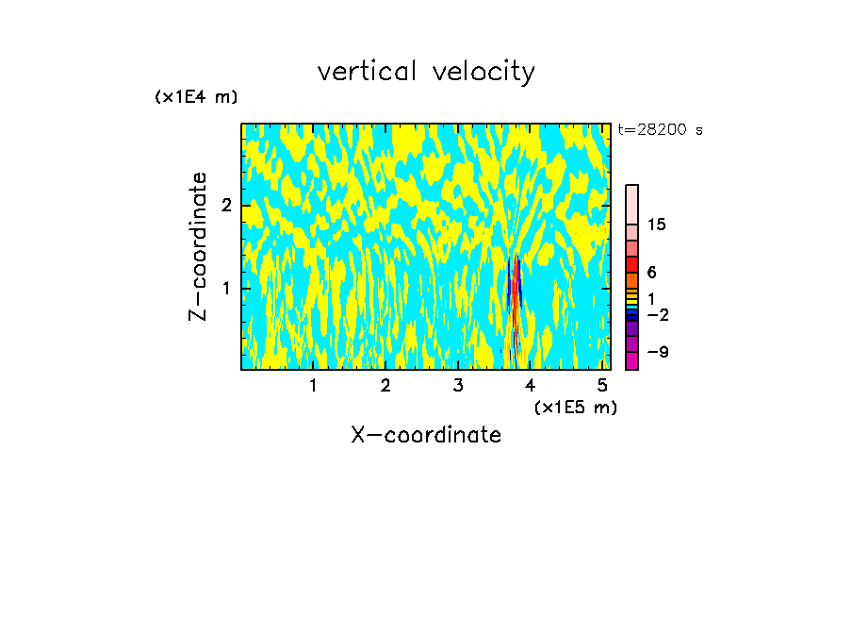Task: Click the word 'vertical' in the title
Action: point(364,72)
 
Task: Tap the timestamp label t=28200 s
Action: point(661,130)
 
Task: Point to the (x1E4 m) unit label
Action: point(196,96)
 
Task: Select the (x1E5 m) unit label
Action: point(575,407)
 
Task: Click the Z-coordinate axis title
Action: point(199,246)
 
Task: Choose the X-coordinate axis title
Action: point(426,435)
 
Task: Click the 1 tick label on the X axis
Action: point(313,385)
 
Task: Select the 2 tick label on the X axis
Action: point(385,385)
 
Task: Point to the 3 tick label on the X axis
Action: point(458,385)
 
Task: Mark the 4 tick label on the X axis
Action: point(531,385)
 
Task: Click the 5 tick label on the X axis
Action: point(603,385)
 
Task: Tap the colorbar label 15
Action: point(657,225)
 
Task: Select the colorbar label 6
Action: point(651,272)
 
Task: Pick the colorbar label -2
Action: point(657,313)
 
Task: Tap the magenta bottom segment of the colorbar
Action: point(631,360)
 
